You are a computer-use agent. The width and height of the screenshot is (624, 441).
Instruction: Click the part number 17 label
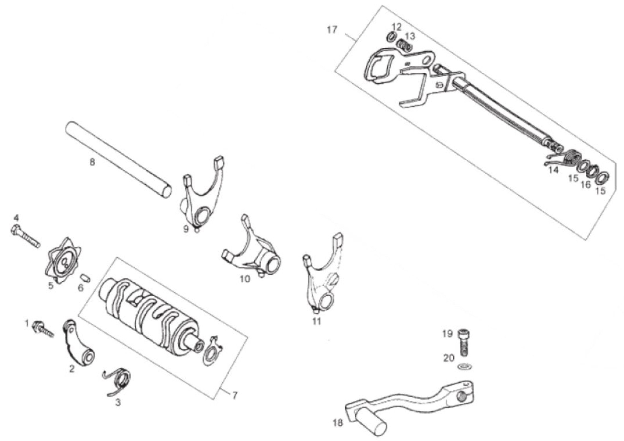point(332,30)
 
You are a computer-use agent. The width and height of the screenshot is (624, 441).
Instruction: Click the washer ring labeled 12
point(392,36)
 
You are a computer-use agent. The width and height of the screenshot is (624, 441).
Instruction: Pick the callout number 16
point(586,184)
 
